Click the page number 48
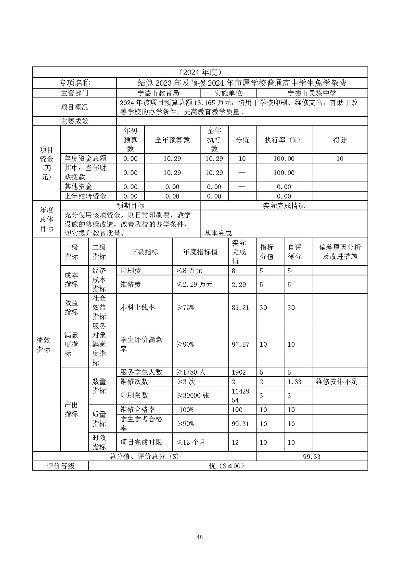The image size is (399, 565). click(x=199, y=537)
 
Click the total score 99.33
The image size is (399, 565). click(x=312, y=456)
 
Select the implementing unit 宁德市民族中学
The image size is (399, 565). click(x=312, y=93)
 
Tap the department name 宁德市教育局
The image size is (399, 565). click(x=158, y=93)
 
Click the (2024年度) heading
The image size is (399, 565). click(x=200, y=72)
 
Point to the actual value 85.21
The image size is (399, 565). click(x=240, y=308)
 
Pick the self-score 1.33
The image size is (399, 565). click(x=294, y=382)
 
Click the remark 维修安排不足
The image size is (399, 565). click(x=337, y=382)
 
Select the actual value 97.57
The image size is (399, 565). click(x=240, y=344)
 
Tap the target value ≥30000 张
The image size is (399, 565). click(x=193, y=395)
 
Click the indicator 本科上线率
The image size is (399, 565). click(x=138, y=308)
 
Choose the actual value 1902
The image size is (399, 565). click(x=238, y=372)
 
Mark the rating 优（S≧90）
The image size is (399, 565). click(x=226, y=466)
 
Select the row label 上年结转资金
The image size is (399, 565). click(x=85, y=196)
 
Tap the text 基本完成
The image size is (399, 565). click(x=218, y=233)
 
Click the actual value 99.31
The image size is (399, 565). click(x=240, y=424)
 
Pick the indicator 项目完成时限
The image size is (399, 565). click(x=141, y=442)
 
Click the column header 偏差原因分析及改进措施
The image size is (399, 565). click(x=340, y=252)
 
